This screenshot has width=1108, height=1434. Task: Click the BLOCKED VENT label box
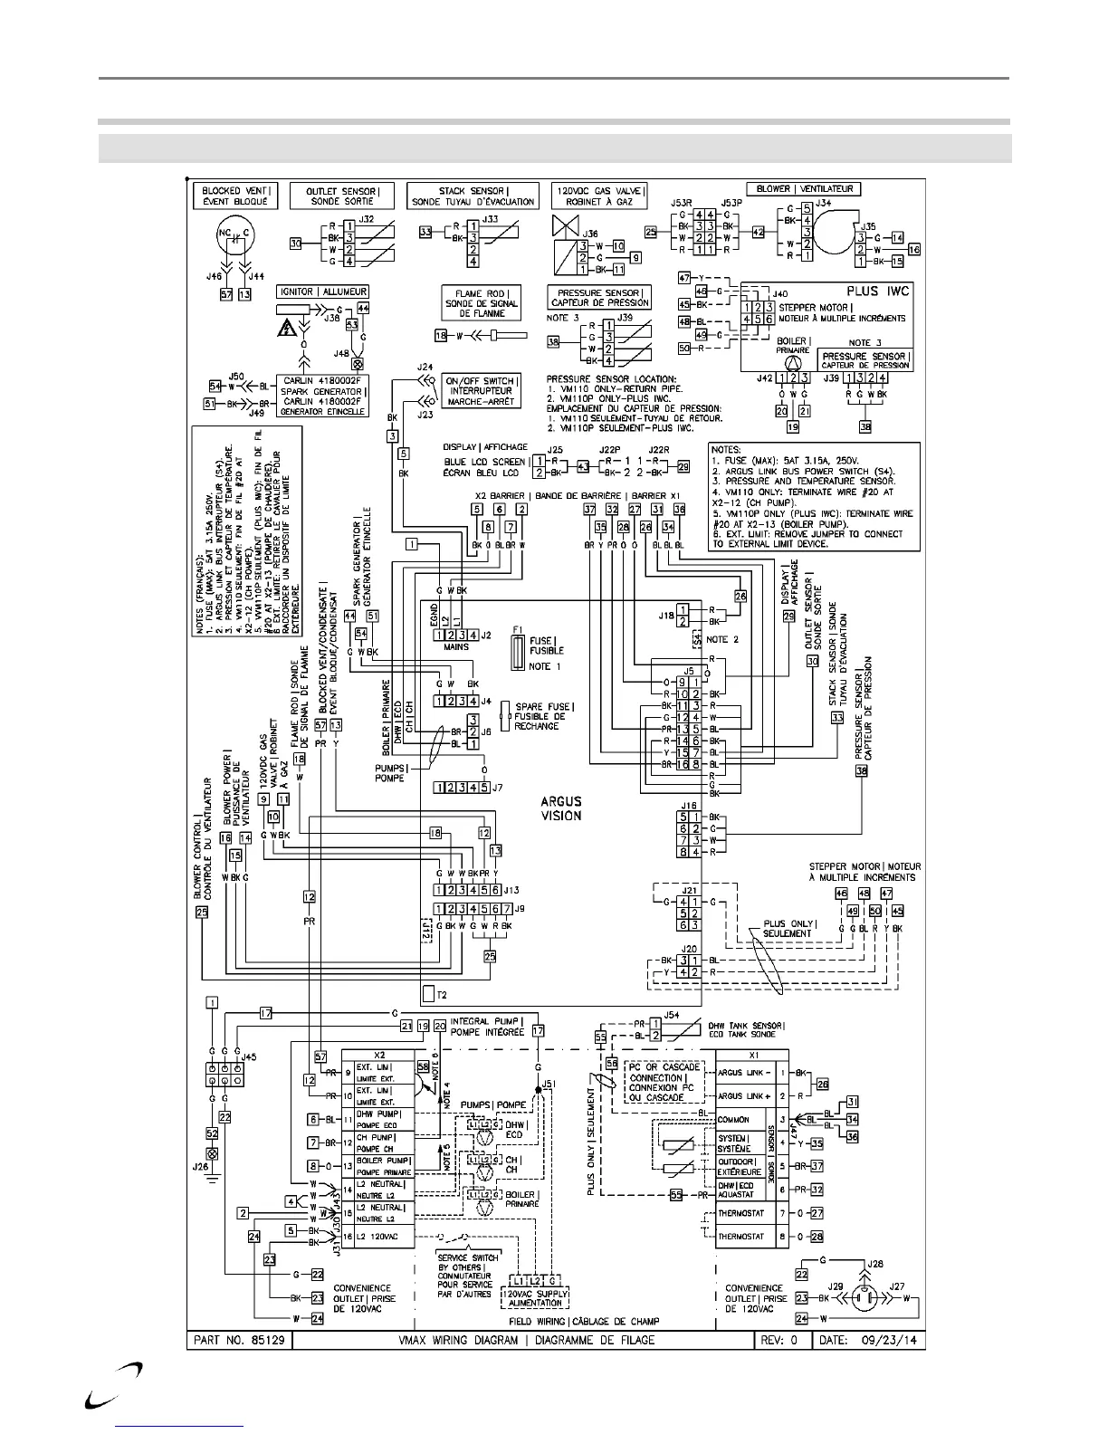pos(234,197)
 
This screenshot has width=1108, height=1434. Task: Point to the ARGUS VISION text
pos(561,808)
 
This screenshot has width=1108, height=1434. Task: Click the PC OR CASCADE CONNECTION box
pos(664,1083)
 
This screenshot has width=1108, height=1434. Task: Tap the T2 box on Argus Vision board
pos(428,993)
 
